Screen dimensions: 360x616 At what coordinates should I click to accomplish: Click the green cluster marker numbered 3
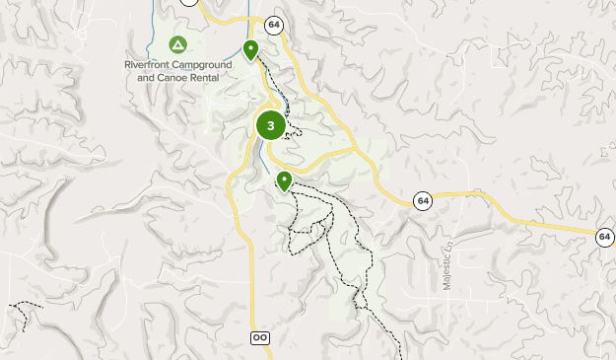[270, 125]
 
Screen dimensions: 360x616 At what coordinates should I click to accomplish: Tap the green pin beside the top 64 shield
[251, 48]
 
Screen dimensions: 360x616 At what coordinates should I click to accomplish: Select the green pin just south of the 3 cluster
[284, 180]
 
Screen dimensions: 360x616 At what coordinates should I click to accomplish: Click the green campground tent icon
[177, 44]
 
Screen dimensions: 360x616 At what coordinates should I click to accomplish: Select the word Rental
[216, 76]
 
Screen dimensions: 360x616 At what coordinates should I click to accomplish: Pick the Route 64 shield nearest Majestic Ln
[423, 199]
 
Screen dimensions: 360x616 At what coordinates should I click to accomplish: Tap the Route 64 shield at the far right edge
[604, 237]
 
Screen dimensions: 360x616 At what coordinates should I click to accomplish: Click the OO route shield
[260, 337]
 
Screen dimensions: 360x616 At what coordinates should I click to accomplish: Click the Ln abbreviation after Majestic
[446, 245]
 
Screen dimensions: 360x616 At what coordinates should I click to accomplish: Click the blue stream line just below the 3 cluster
[265, 158]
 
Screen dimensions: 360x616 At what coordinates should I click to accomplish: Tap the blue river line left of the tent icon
[155, 30]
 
